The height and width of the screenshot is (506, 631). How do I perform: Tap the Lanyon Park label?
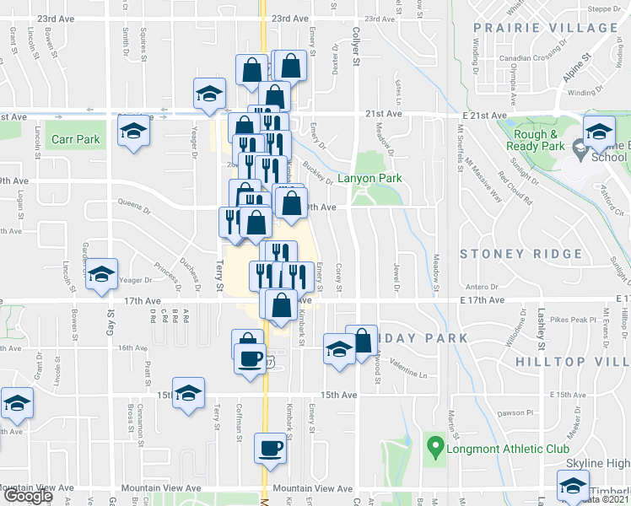[x=369, y=179]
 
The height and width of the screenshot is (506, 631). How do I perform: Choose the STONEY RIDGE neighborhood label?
[x=521, y=254]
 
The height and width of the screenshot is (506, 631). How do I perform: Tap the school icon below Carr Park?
[x=132, y=132]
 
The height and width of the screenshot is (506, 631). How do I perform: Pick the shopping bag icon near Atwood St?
[x=362, y=341]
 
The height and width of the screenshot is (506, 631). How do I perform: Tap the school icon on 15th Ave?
[x=189, y=393]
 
